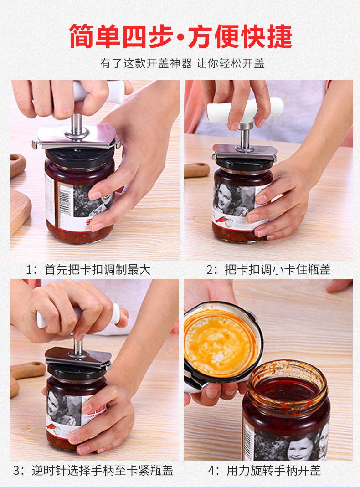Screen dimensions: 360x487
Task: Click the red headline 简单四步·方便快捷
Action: tap(180, 36)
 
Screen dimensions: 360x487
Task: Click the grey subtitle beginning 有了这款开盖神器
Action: tap(182, 64)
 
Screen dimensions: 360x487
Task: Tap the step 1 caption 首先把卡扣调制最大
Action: tap(98, 270)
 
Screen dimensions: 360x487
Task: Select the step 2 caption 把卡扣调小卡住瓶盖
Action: tap(278, 270)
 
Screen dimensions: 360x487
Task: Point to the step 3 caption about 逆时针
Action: tap(102, 471)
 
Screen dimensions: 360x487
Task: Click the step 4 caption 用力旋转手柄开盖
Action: tap(273, 471)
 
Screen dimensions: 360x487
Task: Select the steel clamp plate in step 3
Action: tap(77, 358)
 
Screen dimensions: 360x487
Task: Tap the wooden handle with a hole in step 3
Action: tap(27, 370)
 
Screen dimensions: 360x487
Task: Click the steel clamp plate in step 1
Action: tap(77, 137)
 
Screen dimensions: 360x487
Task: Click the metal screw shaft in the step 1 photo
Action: tap(77, 124)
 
